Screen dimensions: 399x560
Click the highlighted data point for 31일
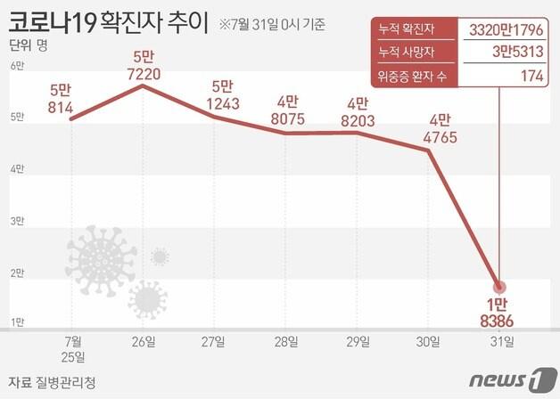point(498,287)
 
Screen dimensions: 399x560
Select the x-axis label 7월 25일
point(73,348)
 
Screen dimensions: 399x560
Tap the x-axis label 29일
point(357,341)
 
